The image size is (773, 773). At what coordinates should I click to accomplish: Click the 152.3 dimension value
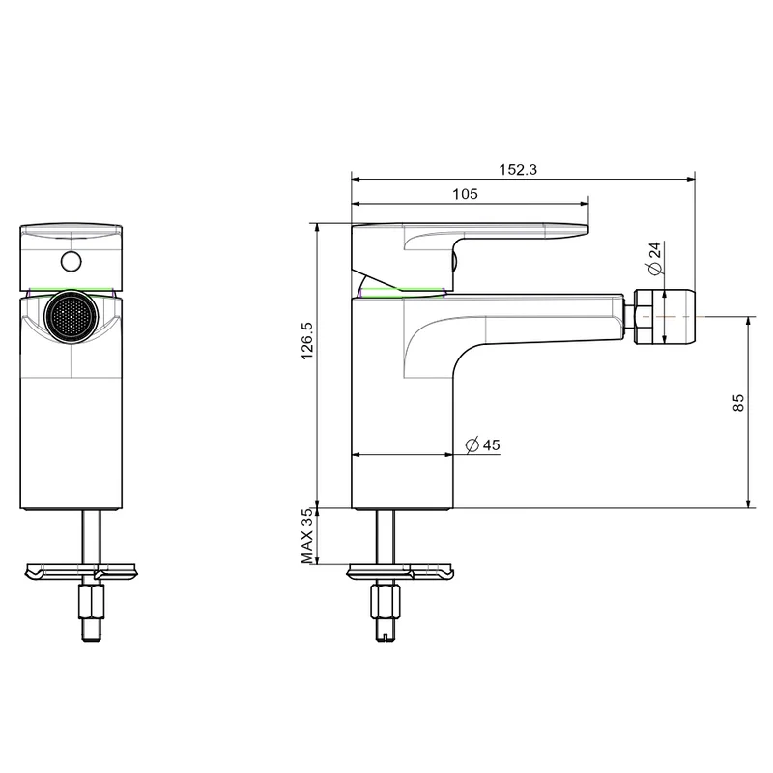[x=518, y=170]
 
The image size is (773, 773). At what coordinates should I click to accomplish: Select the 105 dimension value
[x=466, y=194]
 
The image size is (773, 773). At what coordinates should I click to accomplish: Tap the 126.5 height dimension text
[x=307, y=341]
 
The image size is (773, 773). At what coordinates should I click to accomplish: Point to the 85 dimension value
[x=738, y=402]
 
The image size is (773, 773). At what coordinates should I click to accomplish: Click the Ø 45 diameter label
[x=482, y=445]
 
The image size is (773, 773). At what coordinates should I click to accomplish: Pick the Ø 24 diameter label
[x=655, y=258]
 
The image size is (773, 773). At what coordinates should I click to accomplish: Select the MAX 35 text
[x=307, y=536]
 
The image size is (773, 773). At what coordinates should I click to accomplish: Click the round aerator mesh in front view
[x=72, y=317]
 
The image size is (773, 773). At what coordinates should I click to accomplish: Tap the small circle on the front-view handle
[x=72, y=261]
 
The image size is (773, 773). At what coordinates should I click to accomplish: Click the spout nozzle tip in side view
[x=666, y=317]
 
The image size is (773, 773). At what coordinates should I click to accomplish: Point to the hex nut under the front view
[x=92, y=601]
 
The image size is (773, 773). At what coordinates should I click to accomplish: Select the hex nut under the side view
[x=385, y=601]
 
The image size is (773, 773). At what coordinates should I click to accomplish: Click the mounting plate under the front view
[x=81, y=572]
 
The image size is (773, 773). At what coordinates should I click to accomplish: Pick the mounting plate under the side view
[x=400, y=572]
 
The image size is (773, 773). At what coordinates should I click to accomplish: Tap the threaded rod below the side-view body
[x=385, y=537]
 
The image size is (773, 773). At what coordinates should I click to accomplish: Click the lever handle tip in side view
[x=586, y=229]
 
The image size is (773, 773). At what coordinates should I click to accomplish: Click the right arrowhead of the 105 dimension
[x=585, y=203]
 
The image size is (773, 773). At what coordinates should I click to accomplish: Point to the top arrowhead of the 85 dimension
[x=748, y=322]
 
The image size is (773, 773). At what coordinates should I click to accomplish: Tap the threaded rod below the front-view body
[x=92, y=537]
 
